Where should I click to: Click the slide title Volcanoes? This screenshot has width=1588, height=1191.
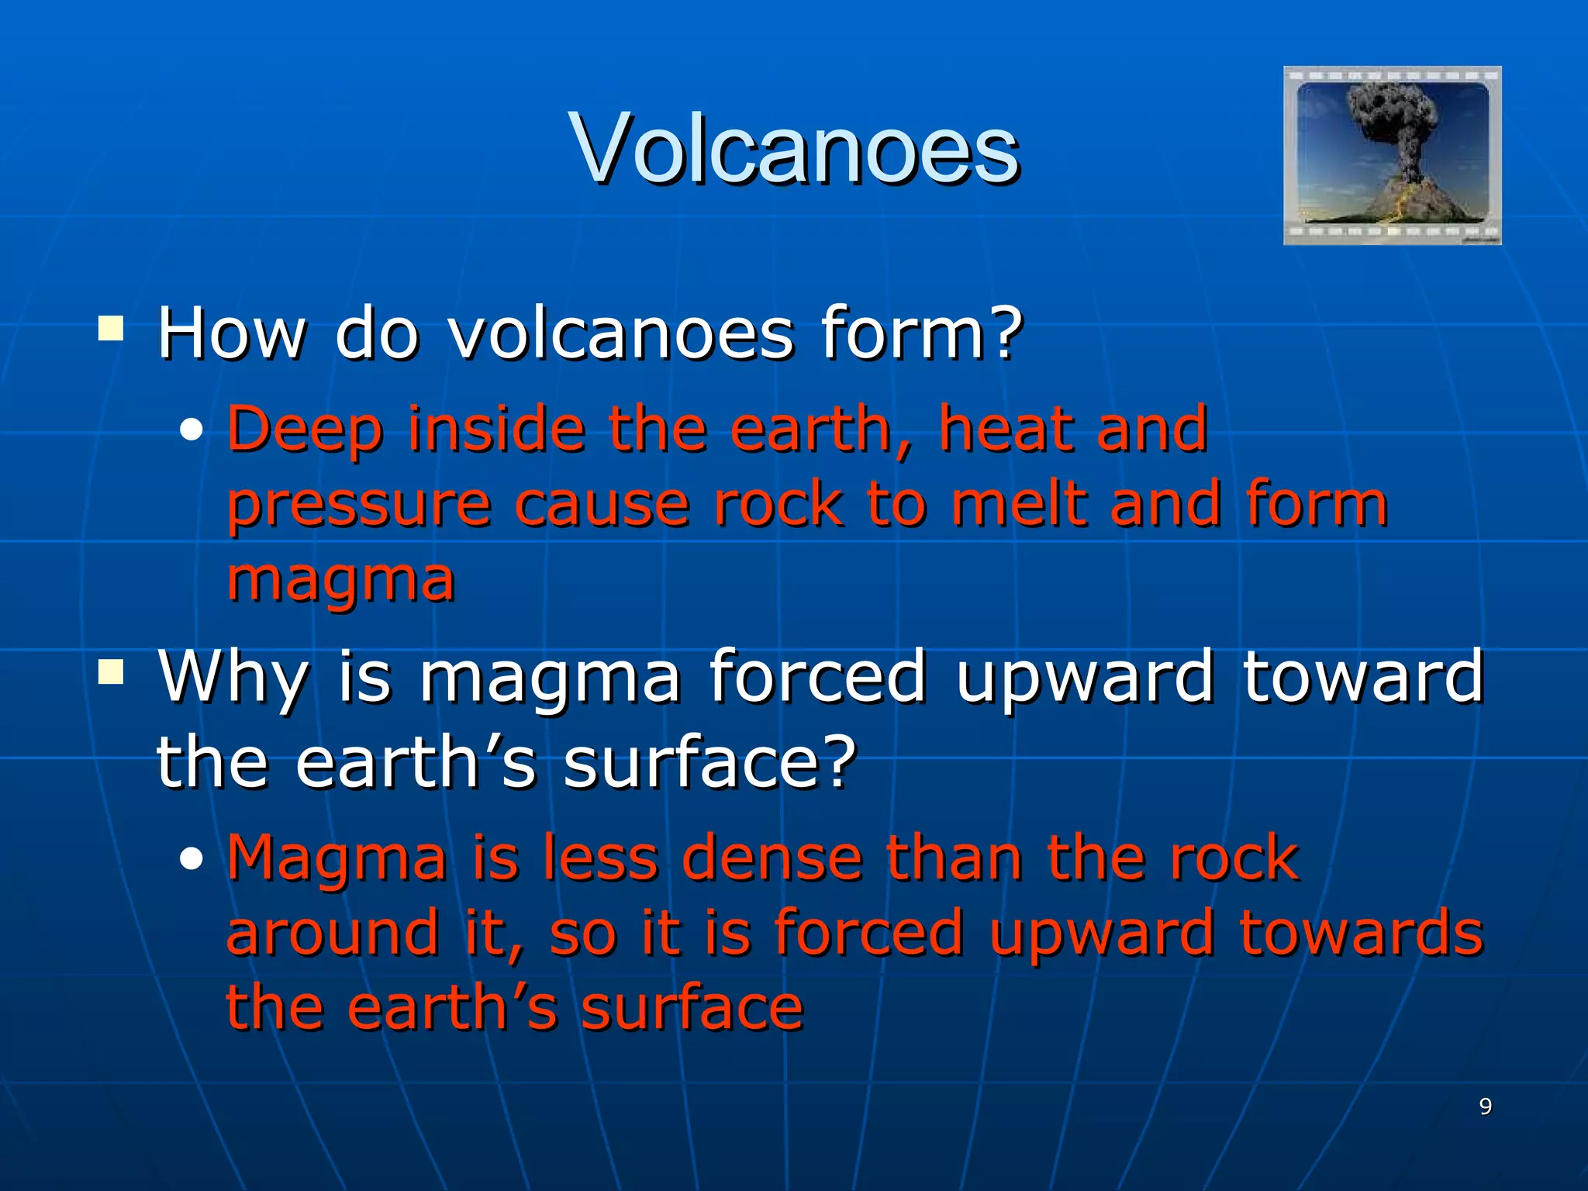point(794,149)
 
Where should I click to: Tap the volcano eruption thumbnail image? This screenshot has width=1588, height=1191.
point(1392,155)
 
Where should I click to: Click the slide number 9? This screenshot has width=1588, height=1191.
point(1485,1106)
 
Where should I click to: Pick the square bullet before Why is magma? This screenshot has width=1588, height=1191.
point(111,672)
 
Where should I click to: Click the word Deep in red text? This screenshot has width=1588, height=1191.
point(305,430)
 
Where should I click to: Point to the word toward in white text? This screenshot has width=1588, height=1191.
point(1362,676)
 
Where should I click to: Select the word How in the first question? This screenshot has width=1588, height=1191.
point(232,333)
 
